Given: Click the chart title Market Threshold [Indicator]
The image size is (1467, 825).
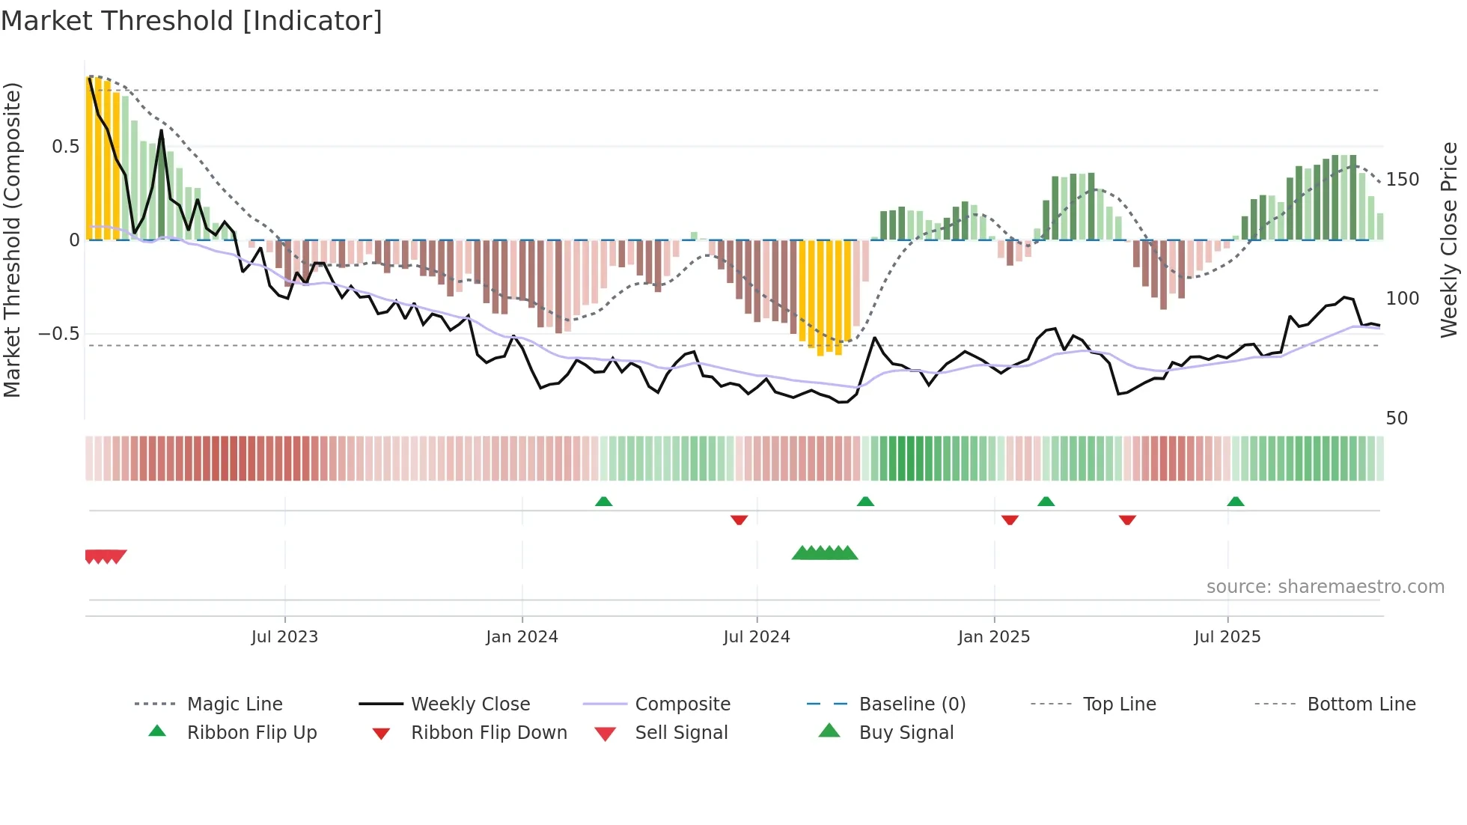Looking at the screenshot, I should click(x=192, y=21).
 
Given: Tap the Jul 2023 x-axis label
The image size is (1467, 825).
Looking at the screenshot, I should click(x=284, y=637).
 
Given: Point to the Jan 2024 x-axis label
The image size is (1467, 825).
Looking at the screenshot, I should click(x=522, y=637).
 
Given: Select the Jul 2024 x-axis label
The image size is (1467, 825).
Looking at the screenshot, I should click(x=757, y=637).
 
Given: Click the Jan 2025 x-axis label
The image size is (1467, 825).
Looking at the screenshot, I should click(x=994, y=637).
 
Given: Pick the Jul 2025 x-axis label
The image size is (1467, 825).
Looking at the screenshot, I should click(x=1227, y=637).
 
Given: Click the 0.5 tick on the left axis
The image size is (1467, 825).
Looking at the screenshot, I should click(x=66, y=147).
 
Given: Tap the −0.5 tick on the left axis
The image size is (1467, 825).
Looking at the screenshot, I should click(x=59, y=334).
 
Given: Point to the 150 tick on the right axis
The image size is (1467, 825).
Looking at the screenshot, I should click(x=1402, y=180).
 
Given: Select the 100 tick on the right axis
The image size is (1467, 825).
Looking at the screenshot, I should click(x=1402, y=299).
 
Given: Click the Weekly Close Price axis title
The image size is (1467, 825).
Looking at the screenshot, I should click(x=1449, y=240).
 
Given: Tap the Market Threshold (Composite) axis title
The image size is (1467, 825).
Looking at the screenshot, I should click(x=12, y=240).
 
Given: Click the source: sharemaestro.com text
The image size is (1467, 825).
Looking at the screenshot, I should click(x=1325, y=587).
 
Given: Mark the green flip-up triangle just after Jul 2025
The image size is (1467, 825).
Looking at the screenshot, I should click(x=1236, y=502).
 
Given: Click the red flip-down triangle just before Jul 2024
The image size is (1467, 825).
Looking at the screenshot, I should click(x=739, y=520).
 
